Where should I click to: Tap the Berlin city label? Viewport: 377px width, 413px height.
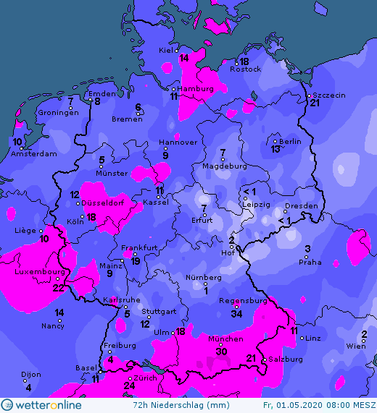[x=290, y=141]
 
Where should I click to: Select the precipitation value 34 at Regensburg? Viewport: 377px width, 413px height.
[x=236, y=313]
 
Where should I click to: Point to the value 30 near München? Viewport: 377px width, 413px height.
[x=222, y=352]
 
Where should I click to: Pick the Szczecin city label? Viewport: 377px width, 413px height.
[x=328, y=95]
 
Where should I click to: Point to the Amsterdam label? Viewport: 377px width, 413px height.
[x=33, y=153]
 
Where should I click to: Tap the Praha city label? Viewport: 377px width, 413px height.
[x=310, y=262]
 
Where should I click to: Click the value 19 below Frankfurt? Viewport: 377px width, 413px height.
[x=136, y=260]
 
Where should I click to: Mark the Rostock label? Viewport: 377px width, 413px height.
[x=245, y=69]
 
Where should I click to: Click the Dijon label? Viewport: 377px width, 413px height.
[x=30, y=375]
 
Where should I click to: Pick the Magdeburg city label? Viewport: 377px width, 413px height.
[x=224, y=166]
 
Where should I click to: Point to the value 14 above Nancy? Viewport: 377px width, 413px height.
[x=59, y=312]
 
